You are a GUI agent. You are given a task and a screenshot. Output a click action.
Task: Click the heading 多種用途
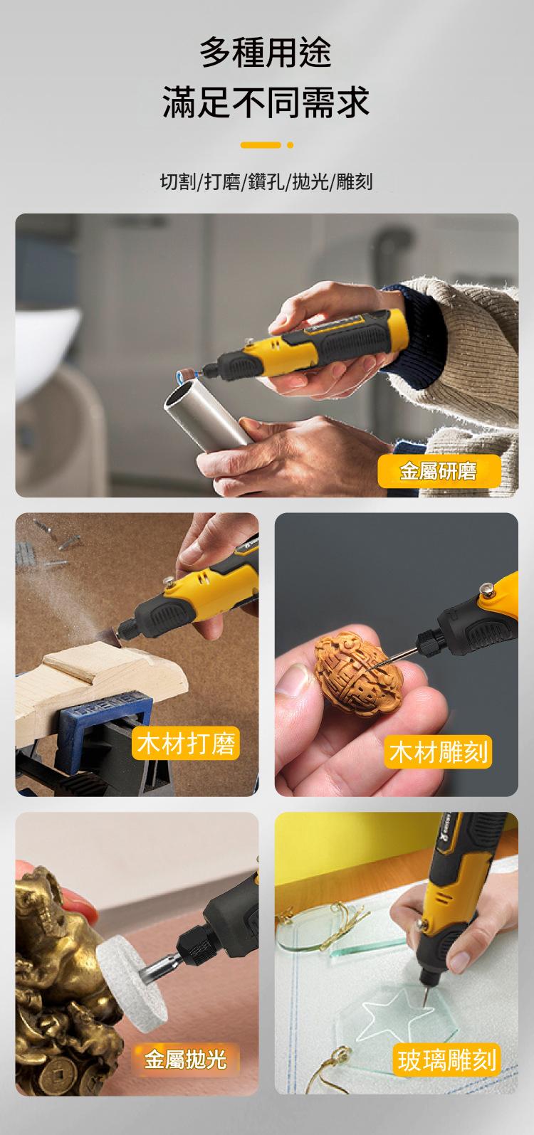click(266, 53)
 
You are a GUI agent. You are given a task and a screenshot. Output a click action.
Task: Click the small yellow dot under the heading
click(290, 145)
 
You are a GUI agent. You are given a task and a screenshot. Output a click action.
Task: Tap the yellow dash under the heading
click(261, 145)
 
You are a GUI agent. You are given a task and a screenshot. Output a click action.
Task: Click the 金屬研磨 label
click(439, 471)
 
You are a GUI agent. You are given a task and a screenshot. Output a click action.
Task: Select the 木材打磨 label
click(186, 744)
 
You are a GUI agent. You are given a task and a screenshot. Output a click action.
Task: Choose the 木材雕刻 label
click(438, 752)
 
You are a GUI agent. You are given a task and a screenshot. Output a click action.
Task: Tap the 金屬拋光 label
click(185, 1059)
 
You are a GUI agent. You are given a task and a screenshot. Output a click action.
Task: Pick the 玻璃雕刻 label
click(446, 1060)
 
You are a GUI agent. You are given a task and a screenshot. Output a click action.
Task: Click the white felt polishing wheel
click(131, 983)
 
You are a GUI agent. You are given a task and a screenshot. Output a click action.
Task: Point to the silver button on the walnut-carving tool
click(488, 589)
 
